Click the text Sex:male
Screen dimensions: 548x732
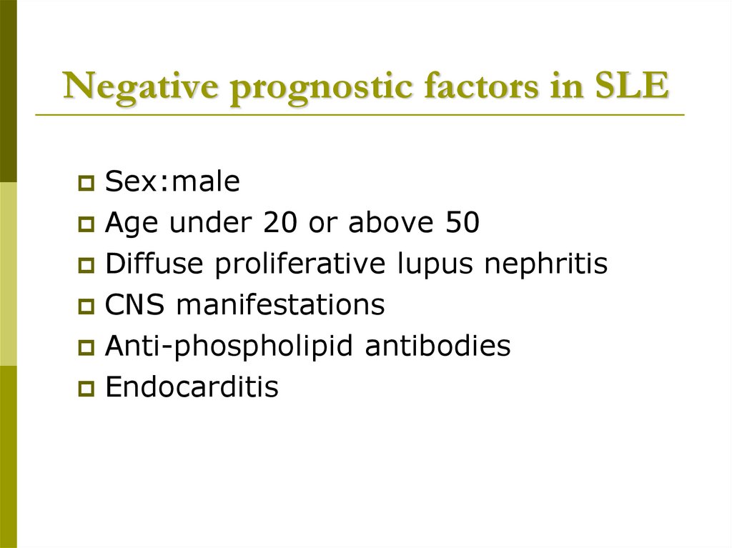[x=172, y=183]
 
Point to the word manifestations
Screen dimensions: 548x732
[x=280, y=306]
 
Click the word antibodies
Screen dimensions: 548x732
[x=437, y=347]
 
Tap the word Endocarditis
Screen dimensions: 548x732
[x=191, y=387]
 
